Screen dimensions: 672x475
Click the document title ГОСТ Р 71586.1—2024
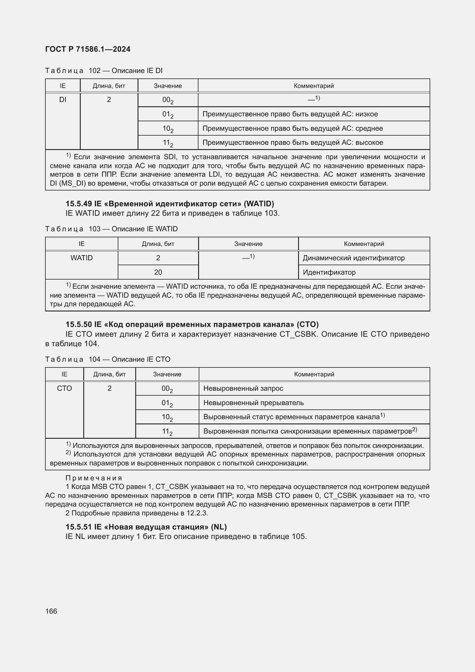point(88,49)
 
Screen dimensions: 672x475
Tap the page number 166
point(51,611)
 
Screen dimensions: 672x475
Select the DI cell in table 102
point(63,99)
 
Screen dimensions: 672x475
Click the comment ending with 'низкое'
point(290,114)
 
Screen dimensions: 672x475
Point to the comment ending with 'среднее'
point(292,128)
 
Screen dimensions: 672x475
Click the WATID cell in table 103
point(81,258)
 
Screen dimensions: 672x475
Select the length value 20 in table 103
point(158,272)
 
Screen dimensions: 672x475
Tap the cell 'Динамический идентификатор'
point(353,258)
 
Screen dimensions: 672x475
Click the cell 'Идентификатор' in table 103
point(329,272)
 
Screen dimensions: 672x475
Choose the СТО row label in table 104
point(64,388)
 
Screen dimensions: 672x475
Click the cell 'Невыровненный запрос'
point(243,388)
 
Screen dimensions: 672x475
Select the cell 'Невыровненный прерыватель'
point(253,403)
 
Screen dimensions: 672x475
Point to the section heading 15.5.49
point(170,203)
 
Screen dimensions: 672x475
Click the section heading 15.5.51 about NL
point(146,527)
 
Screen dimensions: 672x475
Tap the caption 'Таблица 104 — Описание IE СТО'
point(108,359)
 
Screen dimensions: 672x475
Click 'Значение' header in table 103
point(248,244)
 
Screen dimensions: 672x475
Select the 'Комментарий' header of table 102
point(314,86)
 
